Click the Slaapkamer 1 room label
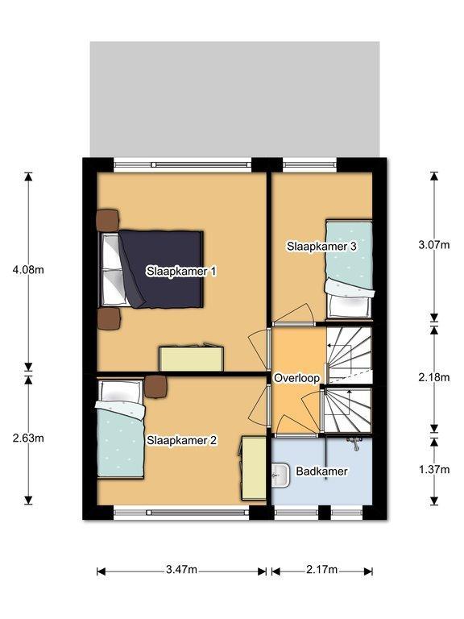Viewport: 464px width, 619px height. (181, 272)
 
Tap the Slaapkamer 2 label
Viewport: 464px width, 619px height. (182, 440)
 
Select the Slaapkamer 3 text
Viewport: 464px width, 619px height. (321, 247)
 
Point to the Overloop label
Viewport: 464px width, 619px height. (296, 378)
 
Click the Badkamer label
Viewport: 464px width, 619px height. (322, 471)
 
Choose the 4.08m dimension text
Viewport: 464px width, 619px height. (28, 270)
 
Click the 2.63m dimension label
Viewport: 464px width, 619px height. (28, 438)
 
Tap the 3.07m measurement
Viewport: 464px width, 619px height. (434, 245)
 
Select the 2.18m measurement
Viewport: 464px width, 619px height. (434, 377)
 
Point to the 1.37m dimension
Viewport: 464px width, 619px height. (434, 469)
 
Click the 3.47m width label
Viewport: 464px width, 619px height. (181, 570)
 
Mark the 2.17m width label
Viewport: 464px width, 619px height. (322, 570)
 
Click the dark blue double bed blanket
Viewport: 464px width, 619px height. (162, 269)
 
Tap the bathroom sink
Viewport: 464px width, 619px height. (280, 476)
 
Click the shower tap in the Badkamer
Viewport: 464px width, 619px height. (354, 443)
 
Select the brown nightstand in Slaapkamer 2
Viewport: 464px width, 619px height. (155, 386)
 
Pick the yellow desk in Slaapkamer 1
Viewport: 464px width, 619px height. (192, 359)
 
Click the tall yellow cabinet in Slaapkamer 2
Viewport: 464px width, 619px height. (254, 467)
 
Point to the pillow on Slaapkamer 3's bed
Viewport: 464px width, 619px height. (350, 305)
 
